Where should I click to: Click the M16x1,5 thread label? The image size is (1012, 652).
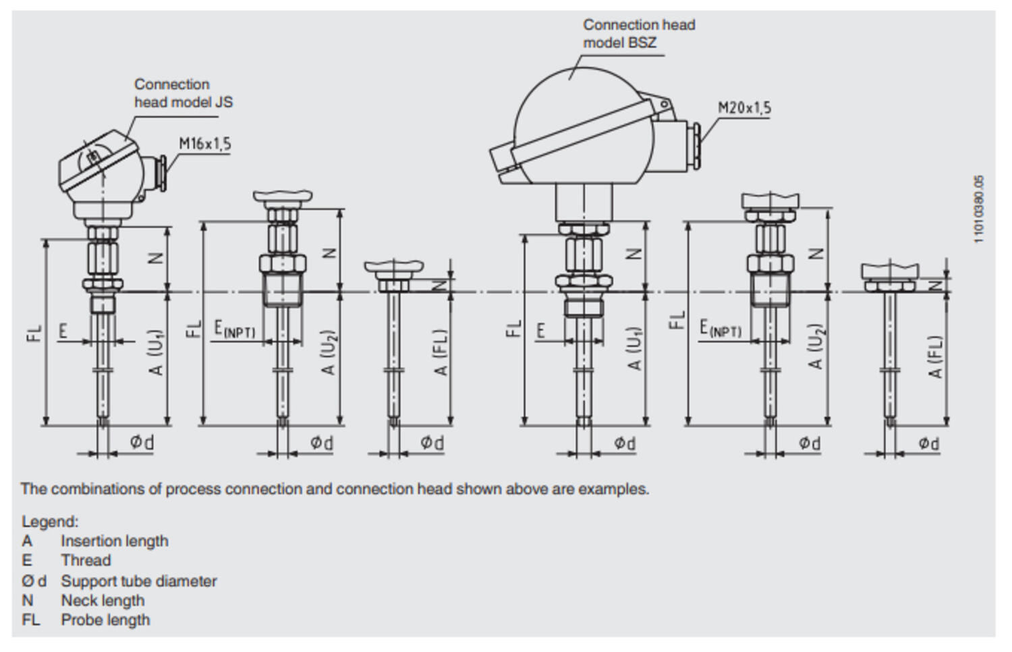point(204,144)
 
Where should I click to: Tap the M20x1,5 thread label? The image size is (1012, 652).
point(744,108)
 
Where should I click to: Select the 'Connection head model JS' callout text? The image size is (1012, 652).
point(183,93)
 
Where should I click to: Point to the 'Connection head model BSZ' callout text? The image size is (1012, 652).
point(638,34)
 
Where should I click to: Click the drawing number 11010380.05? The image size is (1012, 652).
point(979,209)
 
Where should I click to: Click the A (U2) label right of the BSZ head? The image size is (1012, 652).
point(816,347)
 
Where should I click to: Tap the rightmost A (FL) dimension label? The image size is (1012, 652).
point(935,357)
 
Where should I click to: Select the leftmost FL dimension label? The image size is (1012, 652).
point(35,333)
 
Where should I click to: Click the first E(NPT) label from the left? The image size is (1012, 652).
point(234,329)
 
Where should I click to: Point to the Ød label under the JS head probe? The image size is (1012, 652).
point(142,443)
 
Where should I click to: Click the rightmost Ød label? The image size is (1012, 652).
point(928,443)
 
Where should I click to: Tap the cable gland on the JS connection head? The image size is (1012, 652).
point(162,173)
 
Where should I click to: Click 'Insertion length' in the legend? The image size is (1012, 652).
point(114,541)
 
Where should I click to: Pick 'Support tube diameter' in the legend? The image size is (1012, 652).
point(138,581)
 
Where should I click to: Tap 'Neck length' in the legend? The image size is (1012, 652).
point(103,601)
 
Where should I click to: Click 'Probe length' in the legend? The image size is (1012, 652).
point(105,620)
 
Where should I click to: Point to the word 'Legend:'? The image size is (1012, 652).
point(50,522)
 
